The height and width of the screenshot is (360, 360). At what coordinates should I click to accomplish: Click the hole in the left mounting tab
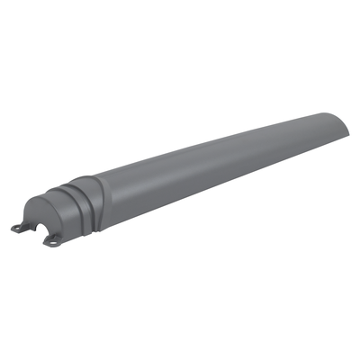(18, 227)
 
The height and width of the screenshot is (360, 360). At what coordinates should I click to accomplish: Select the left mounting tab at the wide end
(21, 226)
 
